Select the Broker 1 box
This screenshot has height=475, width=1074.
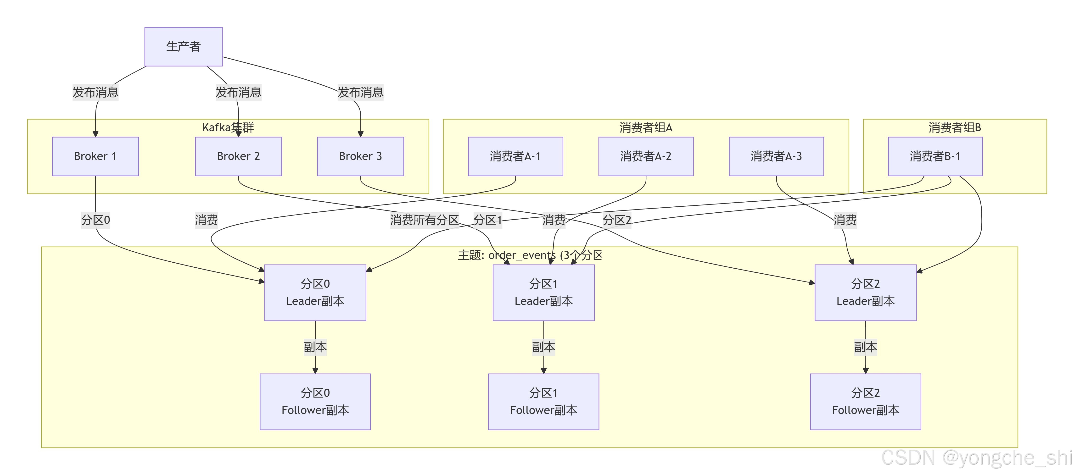(95, 156)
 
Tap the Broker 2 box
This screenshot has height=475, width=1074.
(239, 156)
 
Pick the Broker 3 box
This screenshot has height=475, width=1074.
(361, 156)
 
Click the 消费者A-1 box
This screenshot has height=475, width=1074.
(515, 156)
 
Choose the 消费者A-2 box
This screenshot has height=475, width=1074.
(646, 156)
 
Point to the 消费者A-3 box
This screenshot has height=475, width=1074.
(776, 156)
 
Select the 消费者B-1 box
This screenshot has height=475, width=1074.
(935, 156)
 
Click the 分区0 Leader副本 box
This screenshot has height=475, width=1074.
(315, 293)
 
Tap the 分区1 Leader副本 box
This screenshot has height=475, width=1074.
(544, 293)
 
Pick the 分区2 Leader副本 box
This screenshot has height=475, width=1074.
(866, 293)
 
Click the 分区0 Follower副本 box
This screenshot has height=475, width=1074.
(315, 402)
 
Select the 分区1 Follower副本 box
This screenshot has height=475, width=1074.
(544, 402)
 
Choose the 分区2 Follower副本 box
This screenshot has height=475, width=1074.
(866, 402)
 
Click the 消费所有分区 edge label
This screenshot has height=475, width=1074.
(425, 220)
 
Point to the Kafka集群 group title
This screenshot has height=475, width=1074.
(228, 127)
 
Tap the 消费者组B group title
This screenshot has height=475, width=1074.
(955, 127)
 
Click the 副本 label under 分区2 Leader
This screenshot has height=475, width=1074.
(866, 347)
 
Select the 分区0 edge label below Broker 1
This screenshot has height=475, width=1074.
(95, 220)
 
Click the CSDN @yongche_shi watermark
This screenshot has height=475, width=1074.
(976, 458)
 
